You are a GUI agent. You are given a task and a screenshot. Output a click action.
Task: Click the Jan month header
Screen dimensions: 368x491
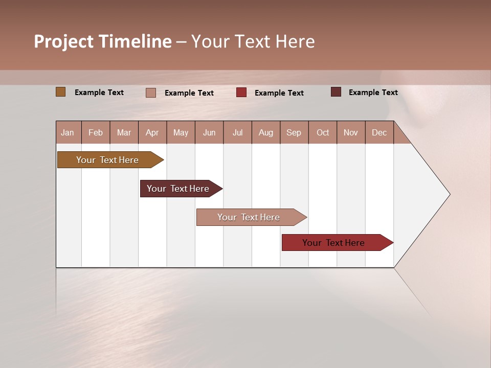coord(68,133)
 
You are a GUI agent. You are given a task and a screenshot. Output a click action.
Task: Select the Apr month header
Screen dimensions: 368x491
coord(152,133)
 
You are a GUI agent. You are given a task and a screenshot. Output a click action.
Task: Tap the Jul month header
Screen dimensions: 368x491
coord(237,133)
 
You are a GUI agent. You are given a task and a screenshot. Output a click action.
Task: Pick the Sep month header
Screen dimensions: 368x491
coord(294,133)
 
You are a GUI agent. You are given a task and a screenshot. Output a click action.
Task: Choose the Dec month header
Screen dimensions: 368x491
coord(379,133)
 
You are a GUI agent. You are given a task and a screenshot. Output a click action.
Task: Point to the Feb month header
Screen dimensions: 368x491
coord(96,133)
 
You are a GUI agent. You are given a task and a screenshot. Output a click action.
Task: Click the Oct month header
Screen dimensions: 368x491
coord(323,133)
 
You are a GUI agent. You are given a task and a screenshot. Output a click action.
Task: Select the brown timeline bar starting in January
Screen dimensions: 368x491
coord(108,160)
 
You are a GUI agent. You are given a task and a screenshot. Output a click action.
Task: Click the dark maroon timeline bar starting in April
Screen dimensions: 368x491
coord(178,189)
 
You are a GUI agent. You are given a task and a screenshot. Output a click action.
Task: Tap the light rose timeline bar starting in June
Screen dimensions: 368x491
coord(249,217)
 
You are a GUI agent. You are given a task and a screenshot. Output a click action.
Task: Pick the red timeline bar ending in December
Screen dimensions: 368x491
coord(334,243)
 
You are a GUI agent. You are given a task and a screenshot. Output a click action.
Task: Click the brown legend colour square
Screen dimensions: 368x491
coord(61,92)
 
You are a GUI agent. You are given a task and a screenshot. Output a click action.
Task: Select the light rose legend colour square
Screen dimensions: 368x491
coord(151,93)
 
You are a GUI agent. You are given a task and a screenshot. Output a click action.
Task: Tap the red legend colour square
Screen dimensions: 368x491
coord(241,93)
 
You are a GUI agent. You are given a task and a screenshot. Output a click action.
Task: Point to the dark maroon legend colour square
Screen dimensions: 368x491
coord(336,92)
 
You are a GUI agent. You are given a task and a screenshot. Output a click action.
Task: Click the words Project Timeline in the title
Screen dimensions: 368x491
coord(103,41)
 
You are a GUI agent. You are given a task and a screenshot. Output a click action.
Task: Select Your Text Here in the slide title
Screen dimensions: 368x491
coord(253,41)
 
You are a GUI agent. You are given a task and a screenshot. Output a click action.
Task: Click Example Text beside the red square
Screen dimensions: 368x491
coord(279,93)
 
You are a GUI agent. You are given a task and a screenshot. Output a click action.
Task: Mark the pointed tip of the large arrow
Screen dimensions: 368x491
coord(449,194)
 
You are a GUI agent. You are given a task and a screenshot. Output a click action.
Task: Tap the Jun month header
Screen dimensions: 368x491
coord(209,133)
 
